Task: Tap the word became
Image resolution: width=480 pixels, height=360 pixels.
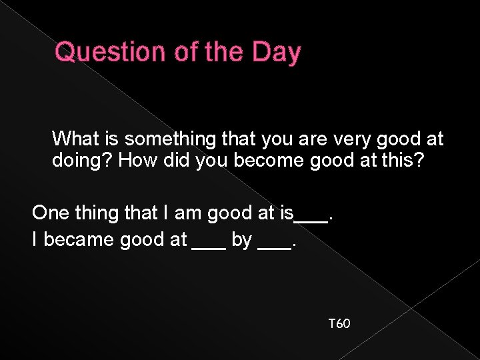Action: click(78, 240)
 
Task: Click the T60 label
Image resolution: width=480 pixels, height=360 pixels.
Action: click(339, 324)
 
